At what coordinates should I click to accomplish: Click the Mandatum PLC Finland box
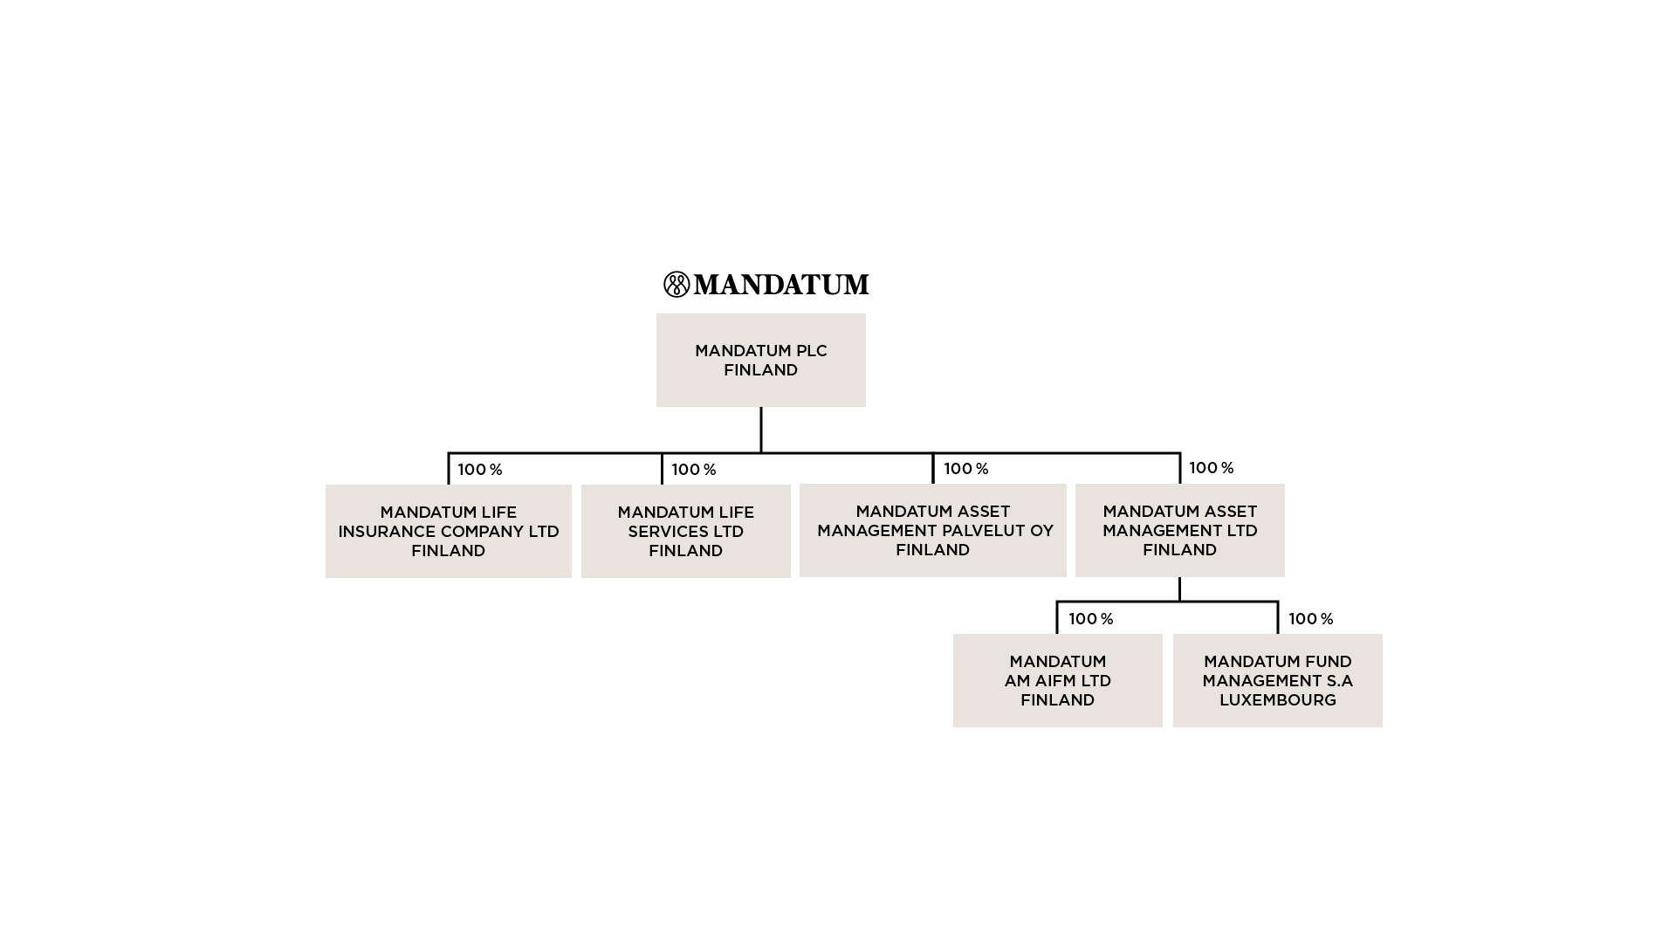pos(760,360)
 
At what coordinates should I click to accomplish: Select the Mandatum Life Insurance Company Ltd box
pos(448,531)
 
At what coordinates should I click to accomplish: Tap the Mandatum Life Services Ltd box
pos(685,531)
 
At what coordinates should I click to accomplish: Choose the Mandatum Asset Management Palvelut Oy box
pos(932,530)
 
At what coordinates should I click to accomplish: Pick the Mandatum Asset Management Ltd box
pos(1179,530)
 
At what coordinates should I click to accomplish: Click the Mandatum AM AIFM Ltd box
pos(1057,680)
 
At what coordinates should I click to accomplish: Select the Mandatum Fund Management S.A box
pos(1277,680)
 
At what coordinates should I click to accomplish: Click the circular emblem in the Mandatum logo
pos(677,285)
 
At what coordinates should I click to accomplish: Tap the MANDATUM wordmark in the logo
pos(781,285)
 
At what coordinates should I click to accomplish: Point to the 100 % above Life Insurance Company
pos(480,470)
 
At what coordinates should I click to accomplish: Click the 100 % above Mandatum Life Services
pos(694,470)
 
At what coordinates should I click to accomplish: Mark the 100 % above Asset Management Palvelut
pos(966,469)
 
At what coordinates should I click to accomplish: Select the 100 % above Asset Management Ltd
pos(1212,468)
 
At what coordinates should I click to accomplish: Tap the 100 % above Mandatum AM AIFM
pos(1091,619)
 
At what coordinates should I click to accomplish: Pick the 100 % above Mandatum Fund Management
pos(1311,619)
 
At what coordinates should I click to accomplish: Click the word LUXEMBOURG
pos(1277,700)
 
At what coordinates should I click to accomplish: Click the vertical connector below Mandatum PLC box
pos(761,430)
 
